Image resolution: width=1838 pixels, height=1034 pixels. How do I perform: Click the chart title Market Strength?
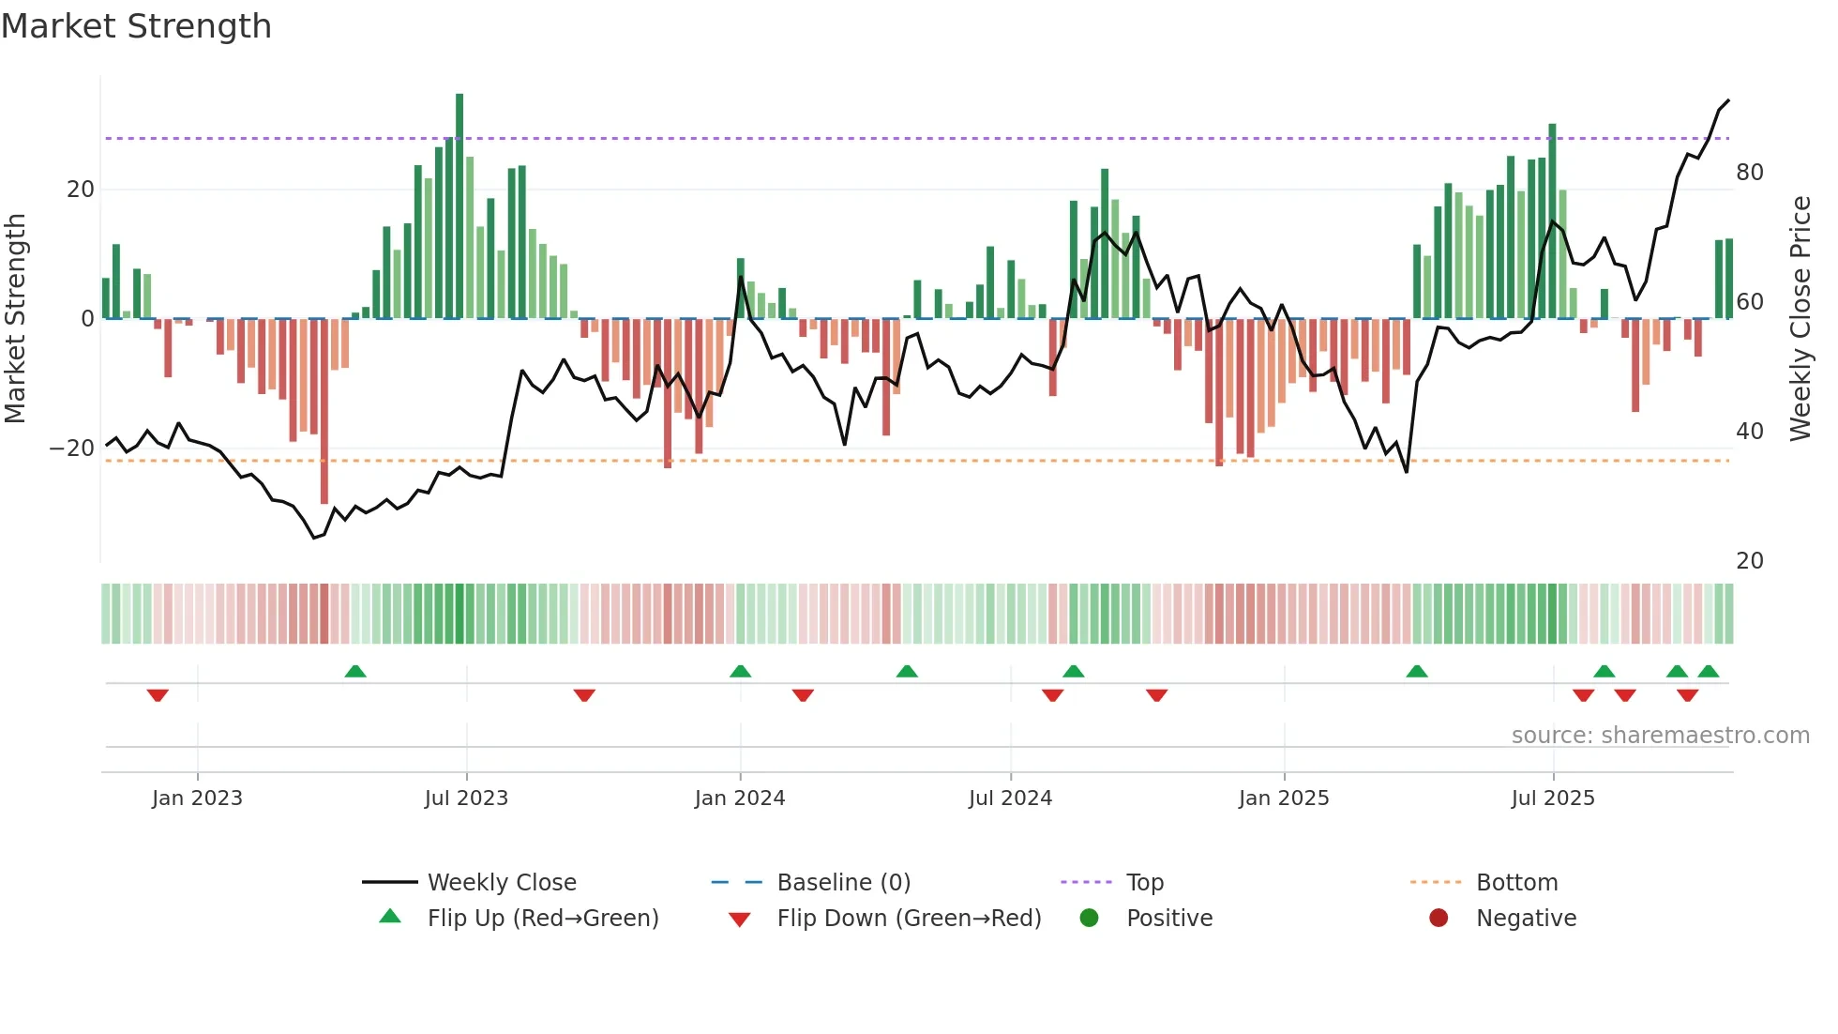(x=136, y=26)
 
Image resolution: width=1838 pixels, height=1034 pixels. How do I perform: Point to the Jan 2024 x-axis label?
(x=739, y=798)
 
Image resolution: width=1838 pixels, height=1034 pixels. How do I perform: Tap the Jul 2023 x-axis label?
(x=466, y=798)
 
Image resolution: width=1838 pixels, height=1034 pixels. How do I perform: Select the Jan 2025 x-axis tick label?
(x=1283, y=798)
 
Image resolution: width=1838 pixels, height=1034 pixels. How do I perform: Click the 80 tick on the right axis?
(x=1749, y=173)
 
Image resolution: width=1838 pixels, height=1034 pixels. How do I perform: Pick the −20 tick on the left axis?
(x=72, y=449)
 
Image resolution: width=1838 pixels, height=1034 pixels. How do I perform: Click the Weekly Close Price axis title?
(x=1800, y=319)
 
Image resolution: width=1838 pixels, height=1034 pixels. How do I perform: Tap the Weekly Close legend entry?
(x=501, y=883)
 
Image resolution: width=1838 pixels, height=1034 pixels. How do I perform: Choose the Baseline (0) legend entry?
(x=843, y=883)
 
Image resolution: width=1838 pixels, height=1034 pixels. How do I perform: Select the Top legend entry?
(x=1144, y=883)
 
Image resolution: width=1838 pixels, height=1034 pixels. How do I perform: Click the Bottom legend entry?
(x=1516, y=883)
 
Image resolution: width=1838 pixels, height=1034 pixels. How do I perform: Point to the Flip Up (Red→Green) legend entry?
(x=542, y=919)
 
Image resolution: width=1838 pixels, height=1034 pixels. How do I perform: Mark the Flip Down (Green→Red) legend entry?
(x=908, y=919)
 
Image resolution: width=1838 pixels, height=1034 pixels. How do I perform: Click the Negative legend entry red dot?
(x=1439, y=919)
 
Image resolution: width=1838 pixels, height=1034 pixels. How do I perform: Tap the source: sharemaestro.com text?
(x=1660, y=736)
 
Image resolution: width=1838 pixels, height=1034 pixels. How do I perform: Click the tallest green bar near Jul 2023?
(x=459, y=206)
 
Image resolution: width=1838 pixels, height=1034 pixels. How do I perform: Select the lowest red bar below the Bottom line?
(x=324, y=413)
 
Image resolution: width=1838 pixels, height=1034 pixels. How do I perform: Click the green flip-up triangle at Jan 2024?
(x=740, y=671)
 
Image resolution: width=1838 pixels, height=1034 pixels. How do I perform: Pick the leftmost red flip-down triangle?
(x=158, y=695)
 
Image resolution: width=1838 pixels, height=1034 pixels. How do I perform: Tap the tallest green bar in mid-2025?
(x=1552, y=220)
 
